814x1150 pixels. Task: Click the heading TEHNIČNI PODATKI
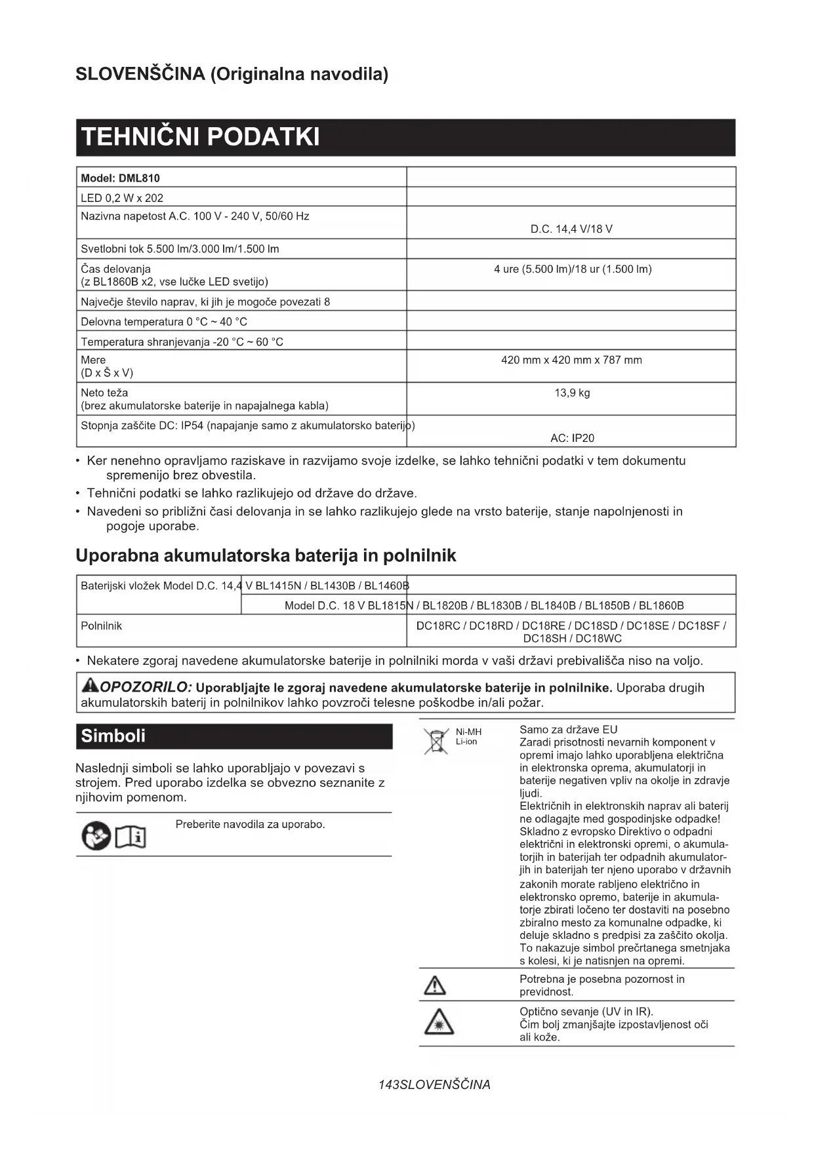point(200,137)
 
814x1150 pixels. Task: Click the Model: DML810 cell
point(120,178)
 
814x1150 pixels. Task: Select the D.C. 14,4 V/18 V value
point(571,229)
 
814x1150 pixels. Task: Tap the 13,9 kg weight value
point(572,393)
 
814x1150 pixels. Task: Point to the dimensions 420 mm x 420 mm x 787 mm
point(571,360)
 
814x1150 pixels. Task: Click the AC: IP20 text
point(572,438)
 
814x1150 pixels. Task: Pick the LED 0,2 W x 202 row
point(122,198)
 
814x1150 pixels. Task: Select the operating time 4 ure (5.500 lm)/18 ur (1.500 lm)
point(573,269)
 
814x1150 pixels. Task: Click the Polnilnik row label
point(101,625)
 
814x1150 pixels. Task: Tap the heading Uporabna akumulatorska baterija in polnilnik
point(266,556)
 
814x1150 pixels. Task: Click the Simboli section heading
point(113,736)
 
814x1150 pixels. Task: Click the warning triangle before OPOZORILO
point(89,686)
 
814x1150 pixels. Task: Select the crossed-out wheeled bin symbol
point(436,741)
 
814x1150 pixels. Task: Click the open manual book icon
point(131,837)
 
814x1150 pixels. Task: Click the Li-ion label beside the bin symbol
point(466,742)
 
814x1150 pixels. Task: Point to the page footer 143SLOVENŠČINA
point(434,1084)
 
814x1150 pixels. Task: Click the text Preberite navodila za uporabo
point(250,824)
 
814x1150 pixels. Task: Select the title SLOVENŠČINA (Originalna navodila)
point(232,74)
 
